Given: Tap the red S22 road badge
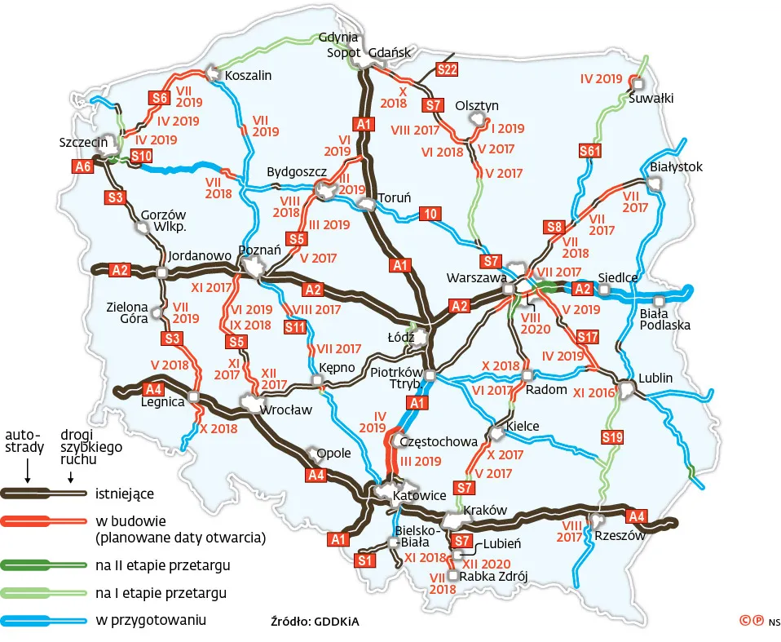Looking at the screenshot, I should click(x=447, y=69).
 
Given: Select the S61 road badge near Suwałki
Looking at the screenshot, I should click(x=589, y=151).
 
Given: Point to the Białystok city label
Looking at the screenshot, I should click(x=677, y=167).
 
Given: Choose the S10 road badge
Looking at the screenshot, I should click(x=140, y=156).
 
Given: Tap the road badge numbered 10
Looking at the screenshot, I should click(x=430, y=215).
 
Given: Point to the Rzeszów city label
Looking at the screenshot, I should click(x=620, y=536).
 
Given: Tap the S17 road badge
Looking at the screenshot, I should click(x=587, y=337).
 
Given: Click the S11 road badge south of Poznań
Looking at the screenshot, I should click(x=294, y=327).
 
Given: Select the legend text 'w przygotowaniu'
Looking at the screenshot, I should click(x=150, y=620).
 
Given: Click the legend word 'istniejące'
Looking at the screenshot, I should click(x=124, y=494).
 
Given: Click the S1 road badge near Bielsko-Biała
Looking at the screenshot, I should click(x=365, y=560).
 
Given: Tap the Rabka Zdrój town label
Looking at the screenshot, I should click(x=495, y=577).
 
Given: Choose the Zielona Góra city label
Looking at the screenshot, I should click(x=127, y=313).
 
